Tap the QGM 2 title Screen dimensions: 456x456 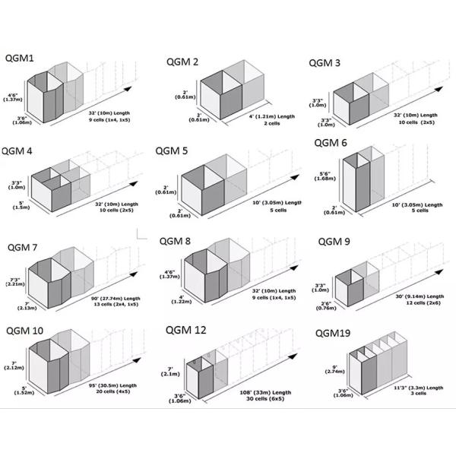[x=182, y=62]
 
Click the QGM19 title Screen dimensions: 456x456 [x=334, y=333]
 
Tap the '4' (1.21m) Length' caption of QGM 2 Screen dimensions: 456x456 [x=271, y=116]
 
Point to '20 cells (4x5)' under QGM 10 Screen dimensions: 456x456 [x=112, y=393]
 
